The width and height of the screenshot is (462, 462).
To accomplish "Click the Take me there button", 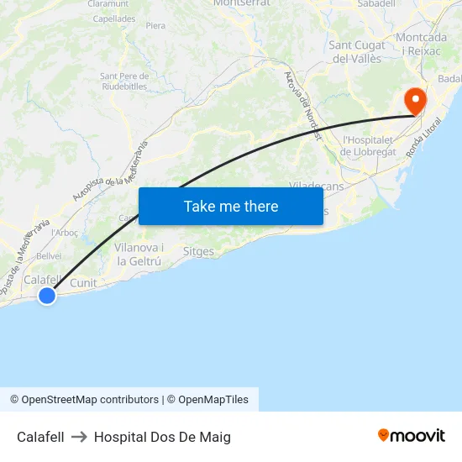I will [231, 206].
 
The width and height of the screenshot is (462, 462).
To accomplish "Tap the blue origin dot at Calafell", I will [47, 295].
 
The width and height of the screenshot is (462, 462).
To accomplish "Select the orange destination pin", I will [415, 102].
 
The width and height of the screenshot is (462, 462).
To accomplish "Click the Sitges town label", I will [198, 251].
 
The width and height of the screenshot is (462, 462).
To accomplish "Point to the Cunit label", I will [83, 283].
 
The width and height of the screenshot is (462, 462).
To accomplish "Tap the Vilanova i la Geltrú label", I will [139, 255].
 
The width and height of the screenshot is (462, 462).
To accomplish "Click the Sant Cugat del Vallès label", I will [357, 51].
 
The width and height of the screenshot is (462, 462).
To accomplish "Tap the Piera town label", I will [155, 26].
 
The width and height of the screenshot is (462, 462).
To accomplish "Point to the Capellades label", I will [113, 18].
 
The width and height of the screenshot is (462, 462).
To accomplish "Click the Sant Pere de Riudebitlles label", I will [124, 81].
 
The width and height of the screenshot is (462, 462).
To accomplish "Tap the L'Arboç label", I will [65, 233].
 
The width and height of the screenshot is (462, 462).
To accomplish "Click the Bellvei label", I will [49, 255].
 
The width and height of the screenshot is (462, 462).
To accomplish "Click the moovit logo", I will [412, 436].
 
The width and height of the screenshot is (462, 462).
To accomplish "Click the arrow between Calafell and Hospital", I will [79, 437].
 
